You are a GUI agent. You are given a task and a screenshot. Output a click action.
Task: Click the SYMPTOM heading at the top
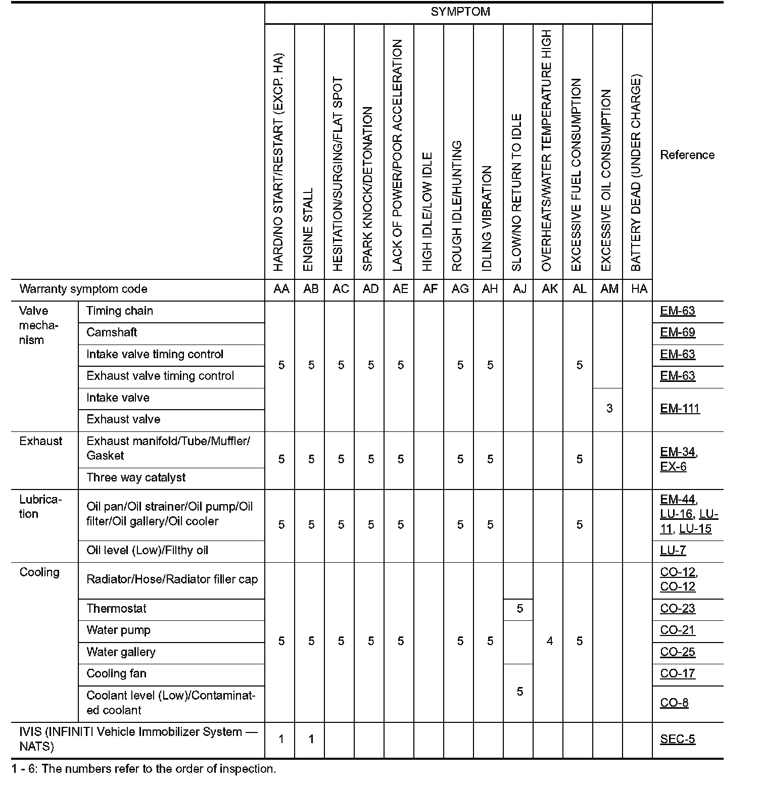(x=460, y=12)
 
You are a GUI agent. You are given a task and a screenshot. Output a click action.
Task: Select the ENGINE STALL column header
(x=308, y=230)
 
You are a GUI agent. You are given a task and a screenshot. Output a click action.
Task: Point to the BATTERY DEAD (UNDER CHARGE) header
(x=636, y=173)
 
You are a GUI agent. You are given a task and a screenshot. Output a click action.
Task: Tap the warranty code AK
(x=549, y=289)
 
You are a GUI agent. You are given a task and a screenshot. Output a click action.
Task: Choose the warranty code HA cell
(x=639, y=289)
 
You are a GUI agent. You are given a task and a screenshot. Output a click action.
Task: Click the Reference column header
(x=687, y=155)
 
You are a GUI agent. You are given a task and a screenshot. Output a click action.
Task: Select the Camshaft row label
(x=112, y=332)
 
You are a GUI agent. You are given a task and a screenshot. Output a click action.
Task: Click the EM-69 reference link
(x=677, y=332)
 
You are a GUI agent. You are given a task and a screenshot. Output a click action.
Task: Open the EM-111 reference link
(x=680, y=408)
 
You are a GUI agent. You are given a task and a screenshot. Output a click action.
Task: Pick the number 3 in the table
(x=609, y=408)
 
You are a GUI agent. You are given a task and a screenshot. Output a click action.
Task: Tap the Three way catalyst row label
(x=136, y=477)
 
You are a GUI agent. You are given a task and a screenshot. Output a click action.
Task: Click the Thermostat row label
(x=116, y=608)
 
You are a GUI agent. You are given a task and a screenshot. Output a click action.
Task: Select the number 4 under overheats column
(x=549, y=641)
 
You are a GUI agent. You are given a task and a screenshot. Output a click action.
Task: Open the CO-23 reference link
(x=677, y=608)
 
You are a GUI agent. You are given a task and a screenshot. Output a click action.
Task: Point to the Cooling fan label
(x=116, y=673)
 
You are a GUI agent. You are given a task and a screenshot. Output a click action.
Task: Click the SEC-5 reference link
(x=677, y=739)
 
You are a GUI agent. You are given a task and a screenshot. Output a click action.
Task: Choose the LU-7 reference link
(x=673, y=550)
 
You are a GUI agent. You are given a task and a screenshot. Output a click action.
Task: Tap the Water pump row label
(x=118, y=630)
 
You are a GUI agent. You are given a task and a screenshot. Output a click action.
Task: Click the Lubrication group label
(x=40, y=507)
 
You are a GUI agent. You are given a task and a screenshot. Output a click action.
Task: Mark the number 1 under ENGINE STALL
(x=311, y=739)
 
